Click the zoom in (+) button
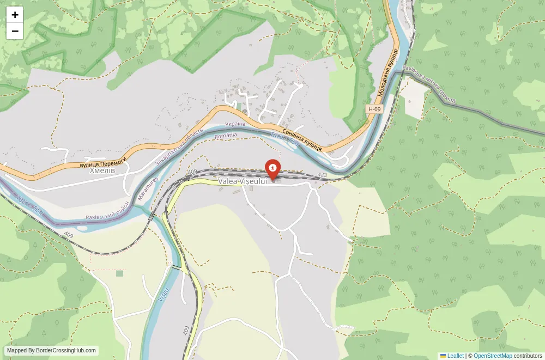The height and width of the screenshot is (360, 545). (15, 15)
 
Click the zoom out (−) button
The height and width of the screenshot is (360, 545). (15, 31)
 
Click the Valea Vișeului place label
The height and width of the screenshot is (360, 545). (243, 181)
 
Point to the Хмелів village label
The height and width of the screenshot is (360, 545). (102, 170)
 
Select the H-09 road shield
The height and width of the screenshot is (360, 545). (374, 109)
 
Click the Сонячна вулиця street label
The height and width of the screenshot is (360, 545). (301, 140)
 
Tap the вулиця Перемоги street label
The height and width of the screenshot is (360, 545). (103, 162)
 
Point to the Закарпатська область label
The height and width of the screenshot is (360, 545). (179, 148)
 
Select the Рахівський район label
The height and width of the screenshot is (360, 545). (108, 211)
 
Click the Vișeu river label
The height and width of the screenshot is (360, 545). (163, 295)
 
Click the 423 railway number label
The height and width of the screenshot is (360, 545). (322, 175)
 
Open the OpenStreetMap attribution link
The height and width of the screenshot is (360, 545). (493, 356)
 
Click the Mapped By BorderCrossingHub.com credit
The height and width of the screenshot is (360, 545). (51, 351)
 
